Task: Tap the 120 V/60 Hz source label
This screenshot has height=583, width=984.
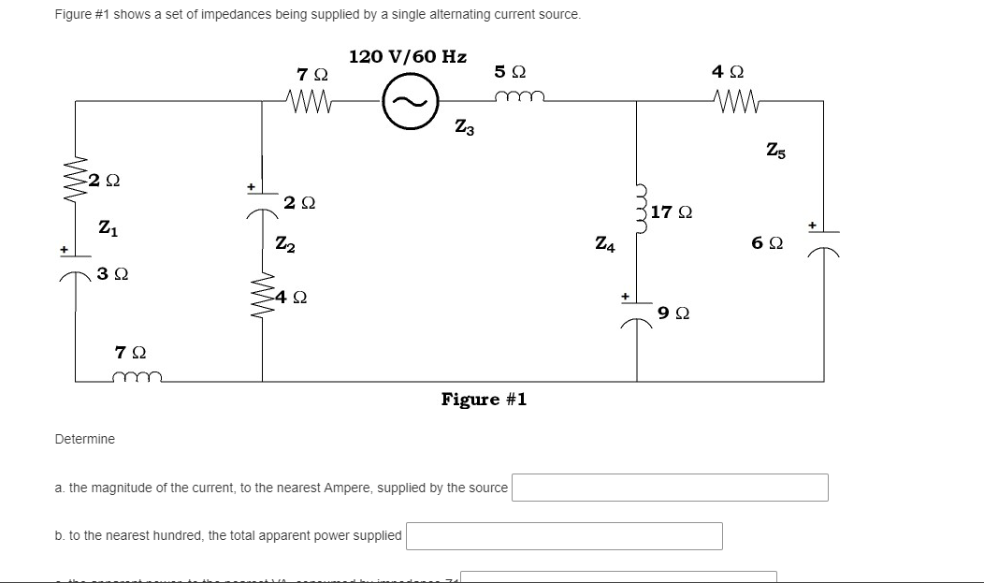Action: pos(408,56)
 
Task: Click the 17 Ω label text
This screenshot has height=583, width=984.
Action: pos(671,212)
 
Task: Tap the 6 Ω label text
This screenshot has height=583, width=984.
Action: pos(766,243)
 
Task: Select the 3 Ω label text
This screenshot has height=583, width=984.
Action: pos(113,274)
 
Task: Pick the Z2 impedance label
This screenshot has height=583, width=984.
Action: pos(285,244)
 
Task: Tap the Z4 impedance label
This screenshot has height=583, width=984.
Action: pos(605,244)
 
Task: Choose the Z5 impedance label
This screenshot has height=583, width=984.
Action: pos(775,150)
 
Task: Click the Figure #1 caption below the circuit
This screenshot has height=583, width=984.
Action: pos(484,400)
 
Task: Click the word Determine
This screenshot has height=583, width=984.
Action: pos(85,439)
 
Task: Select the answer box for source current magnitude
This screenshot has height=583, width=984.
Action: pos(669,488)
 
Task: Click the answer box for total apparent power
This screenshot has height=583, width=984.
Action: pos(563,535)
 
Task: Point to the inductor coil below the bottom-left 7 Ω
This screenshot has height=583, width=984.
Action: pos(137,377)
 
